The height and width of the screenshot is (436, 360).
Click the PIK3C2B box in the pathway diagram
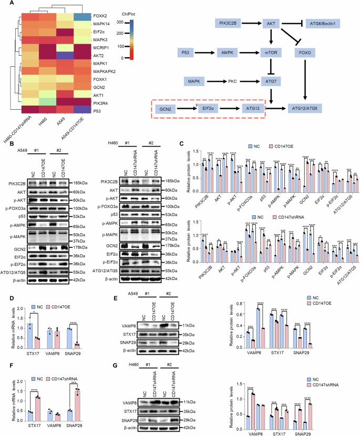pos(232,24)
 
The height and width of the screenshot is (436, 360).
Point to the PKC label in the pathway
pos(249,81)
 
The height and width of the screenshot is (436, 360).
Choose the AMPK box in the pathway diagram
pos(231,53)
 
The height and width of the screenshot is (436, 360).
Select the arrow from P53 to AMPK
pos(207,53)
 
